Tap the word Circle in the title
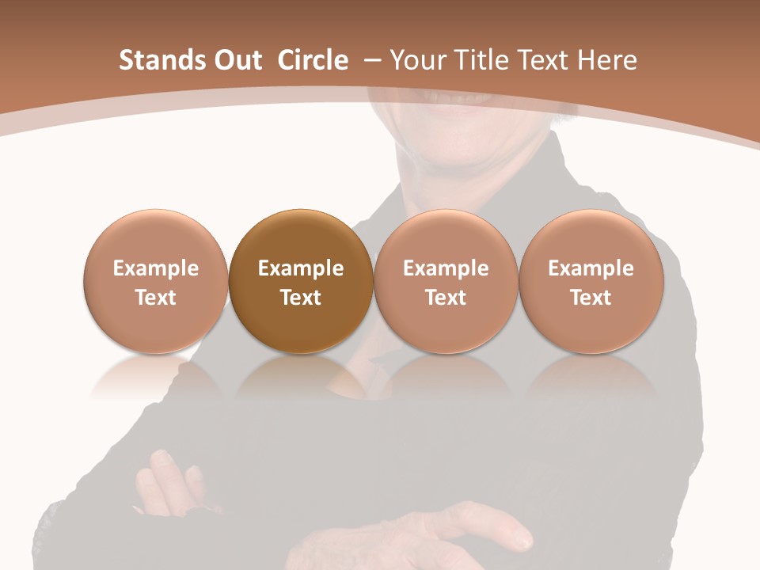pyautogui.click(x=312, y=60)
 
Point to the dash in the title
pyautogui.click(x=371, y=60)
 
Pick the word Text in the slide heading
pyautogui.click(x=544, y=60)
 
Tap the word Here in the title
pyautogui.click(x=606, y=60)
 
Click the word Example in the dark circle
pyautogui.click(x=301, y=268)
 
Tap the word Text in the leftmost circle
pyautogui.click(x=156, y=298)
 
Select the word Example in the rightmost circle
pyautogui.click(x=591, y=268)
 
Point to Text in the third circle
pyautogui.click(x=446, y=298)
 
